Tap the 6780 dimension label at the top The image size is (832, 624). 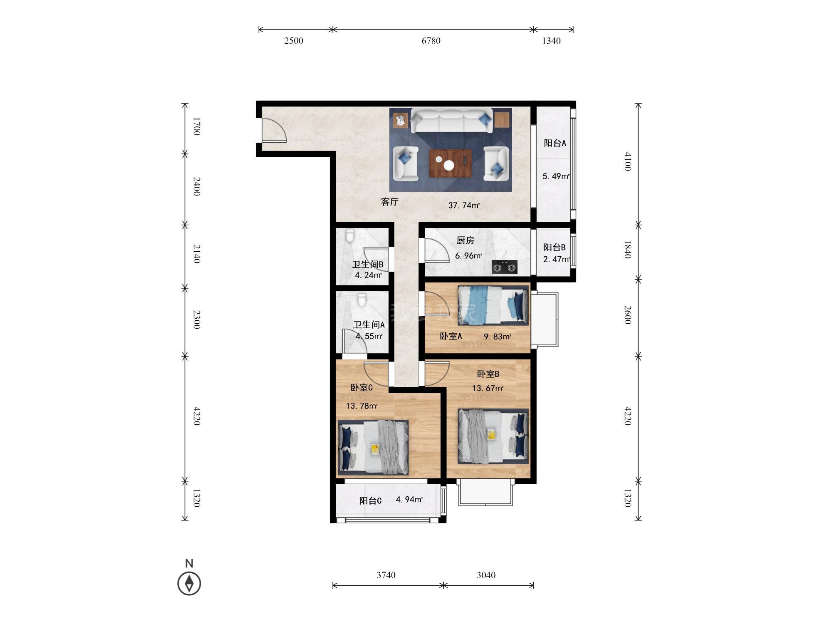point(431,41)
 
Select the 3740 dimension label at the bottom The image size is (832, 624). point(386,575)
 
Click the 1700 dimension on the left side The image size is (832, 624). point(197,126)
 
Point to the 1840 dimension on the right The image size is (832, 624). point(628,249)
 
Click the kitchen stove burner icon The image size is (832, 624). point(505,267)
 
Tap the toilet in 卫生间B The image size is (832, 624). point(349,236)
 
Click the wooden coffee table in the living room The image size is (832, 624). point(451,163)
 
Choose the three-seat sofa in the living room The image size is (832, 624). point(452,120)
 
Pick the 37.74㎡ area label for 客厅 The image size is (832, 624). point(464,205)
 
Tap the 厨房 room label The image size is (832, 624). point(466,240)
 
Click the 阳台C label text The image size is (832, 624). point(370,500)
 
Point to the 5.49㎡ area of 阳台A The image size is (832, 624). point(556,176)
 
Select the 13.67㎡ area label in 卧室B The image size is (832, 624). point(488,388)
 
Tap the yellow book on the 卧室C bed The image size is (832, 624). point(376,449)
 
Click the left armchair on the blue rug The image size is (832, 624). point(406,163)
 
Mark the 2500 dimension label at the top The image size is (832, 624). point(294,41)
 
